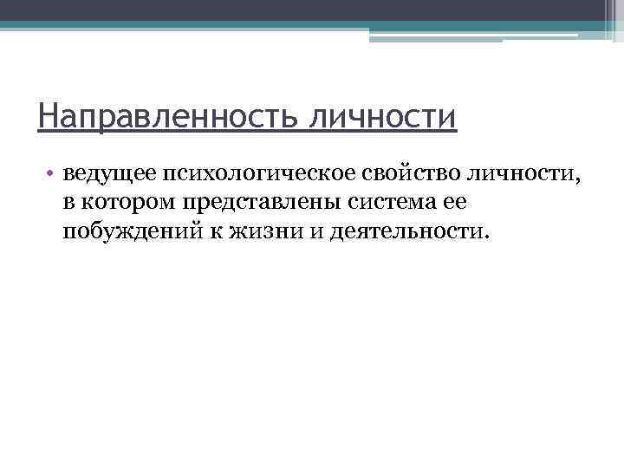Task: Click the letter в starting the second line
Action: (68, 203)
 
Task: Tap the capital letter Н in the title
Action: (49, 116)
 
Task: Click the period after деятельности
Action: (486, 237)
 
